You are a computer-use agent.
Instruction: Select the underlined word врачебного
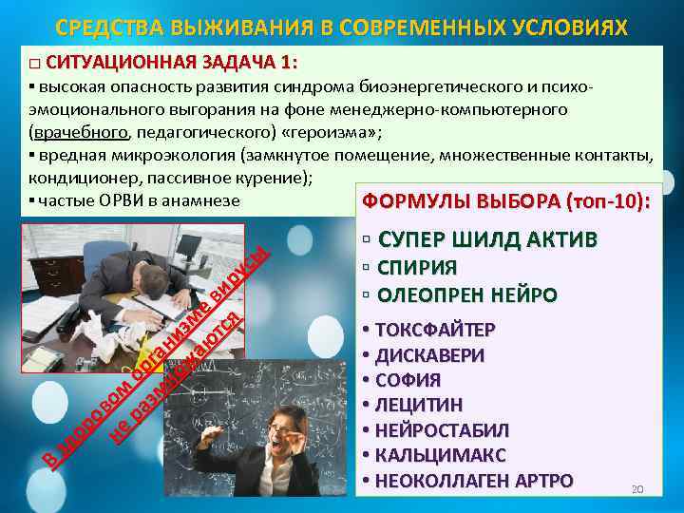pos(81,131)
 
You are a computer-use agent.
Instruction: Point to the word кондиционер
pos(79,177)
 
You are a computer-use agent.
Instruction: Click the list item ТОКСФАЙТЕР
pos(435,331)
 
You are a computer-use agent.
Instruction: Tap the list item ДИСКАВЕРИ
pos(429,356)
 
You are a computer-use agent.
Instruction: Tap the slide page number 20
pos(637,489)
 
